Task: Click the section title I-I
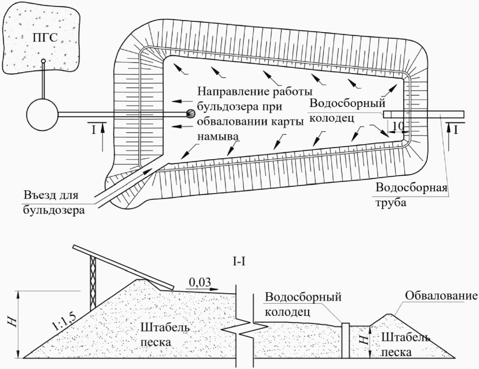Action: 239,262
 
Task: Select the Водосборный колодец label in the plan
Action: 347,111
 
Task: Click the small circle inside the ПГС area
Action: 43,61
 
